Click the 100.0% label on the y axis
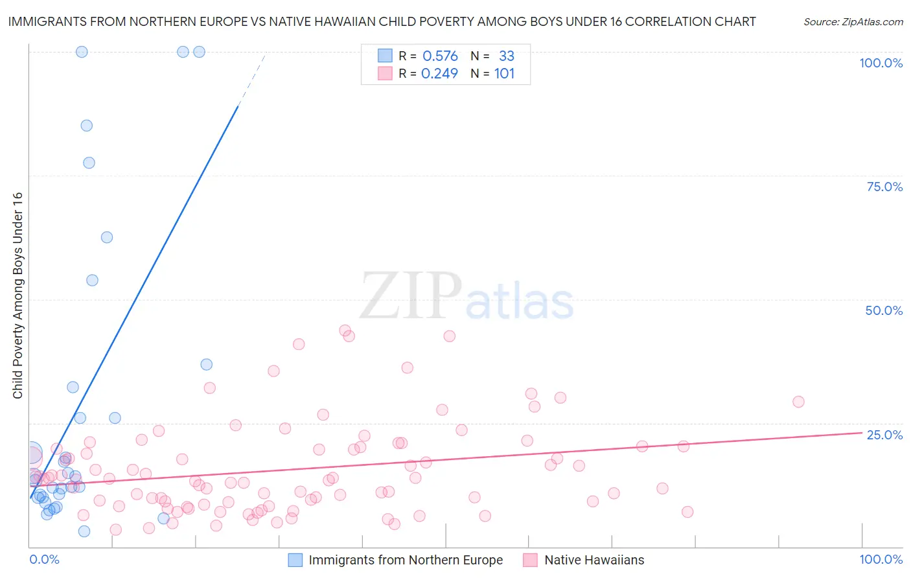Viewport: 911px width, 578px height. pyautogui.click(x=881, y=63)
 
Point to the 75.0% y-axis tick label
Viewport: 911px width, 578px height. pyautogui.click(x=884, y=187)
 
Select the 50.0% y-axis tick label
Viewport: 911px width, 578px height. pyautogui.click(x=884, y=310)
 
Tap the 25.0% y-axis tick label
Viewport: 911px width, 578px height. pyautogui.click(x=884, y=435)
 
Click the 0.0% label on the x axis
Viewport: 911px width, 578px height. pyautogui.click(x=44, y=559)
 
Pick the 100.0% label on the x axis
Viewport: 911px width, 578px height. pyautogui.click(x=881, y=559)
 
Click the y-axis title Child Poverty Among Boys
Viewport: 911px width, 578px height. pyautogui.click(x=17, y=295)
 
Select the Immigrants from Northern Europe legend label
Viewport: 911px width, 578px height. pyautogui.click(x=406, y=560)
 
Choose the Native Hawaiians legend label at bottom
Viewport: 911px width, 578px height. pyautogui.click(x=594, y=560)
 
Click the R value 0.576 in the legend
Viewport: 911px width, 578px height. pyautogui.click(x=440, y=56)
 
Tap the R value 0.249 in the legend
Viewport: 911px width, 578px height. pyautogui.click(x=439, y=74)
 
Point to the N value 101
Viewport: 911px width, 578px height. pyautogui.click(x=504, y=74)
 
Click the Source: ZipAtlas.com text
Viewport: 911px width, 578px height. pyautogui.click(x=853, y=22)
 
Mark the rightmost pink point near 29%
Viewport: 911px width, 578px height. pyautogui.click(x=798, y=402)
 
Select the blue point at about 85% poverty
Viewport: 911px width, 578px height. pyautogui.click(x=87, y=126)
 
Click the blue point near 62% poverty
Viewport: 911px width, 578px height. pyautogui.click(x=107, y=237)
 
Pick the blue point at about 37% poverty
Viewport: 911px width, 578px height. pyautogui.click(x=207, y=364)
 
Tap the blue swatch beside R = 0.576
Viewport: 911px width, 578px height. pyautogui.click(x=385, y=56)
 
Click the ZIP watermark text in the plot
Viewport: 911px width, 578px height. pyautogui.click(x=411, y=296)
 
